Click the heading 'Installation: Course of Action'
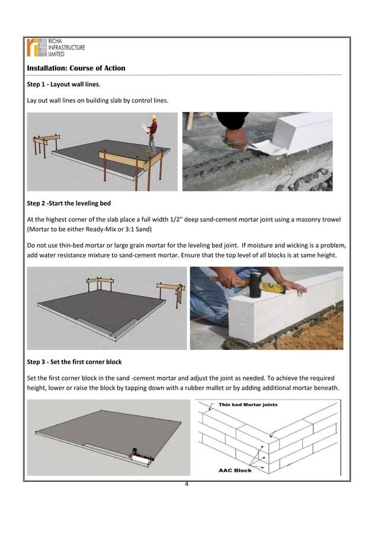[x=76, y=68]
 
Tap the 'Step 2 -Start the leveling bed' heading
[x=69, y=204]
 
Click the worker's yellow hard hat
[x=153, y=118]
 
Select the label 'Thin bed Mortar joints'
[x=248, y=405]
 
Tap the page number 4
[x=187, y=484]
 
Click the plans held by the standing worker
[x=145, y=126]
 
